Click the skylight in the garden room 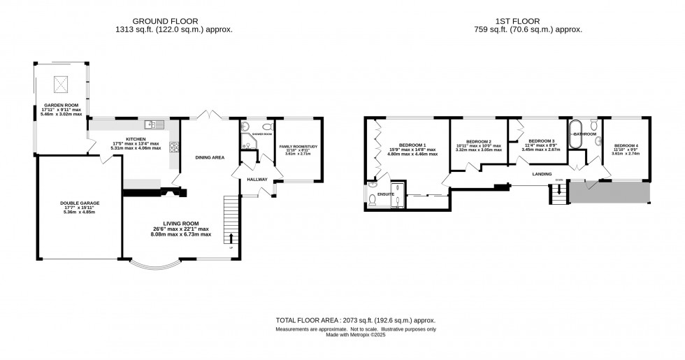click(x=60, y=85)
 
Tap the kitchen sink click(x=152, y=125)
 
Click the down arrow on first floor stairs click(x=558, y=189)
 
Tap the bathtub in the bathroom click(x=576, y=134)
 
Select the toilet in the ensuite click(x=372, y=200)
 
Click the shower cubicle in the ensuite click(x=398, y=196)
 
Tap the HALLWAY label click(x=257, y=180)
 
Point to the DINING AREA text click(x=209, y=158)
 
